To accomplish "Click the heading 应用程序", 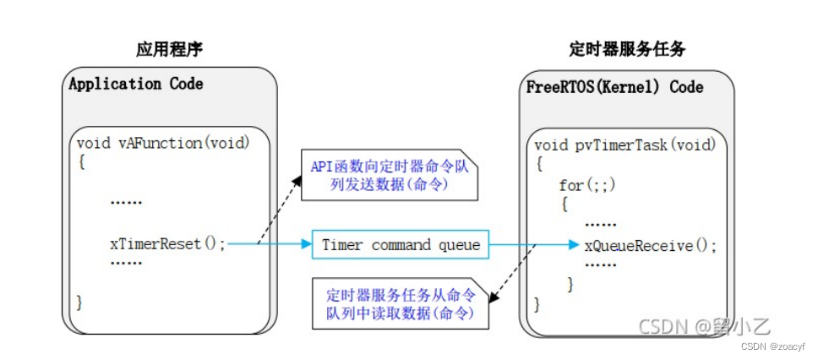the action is tap(169, 50).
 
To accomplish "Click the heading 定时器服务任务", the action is tap(626, 50).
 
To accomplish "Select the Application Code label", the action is tap(136, 84).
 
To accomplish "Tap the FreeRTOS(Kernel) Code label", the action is tap(614, 86).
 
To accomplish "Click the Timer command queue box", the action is tap(401, 244).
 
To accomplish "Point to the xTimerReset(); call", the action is tap(168, 244).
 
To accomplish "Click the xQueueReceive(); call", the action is tap(651, 245).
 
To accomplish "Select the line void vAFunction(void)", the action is tap(163, 143).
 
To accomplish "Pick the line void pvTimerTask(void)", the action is tap(625, 145).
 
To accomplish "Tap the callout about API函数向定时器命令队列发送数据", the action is tap(390, 175).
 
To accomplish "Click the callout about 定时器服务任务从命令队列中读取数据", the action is tap(401, 303).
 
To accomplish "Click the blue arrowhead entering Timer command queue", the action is tap(306, 243).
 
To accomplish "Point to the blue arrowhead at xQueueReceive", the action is tap(575, 244).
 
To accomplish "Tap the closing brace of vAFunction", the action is tap(79, 303).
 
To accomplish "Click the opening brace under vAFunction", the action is tap(81, 162).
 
